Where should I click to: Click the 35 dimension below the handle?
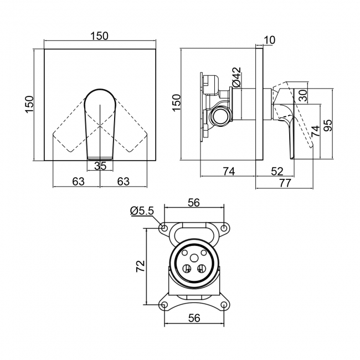[x=100, y=166]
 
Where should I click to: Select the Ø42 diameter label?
[x=236, y=77]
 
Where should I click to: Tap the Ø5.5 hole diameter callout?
[x=142, y=210]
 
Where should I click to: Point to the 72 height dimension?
[x=141, y=266]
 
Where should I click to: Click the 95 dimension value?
[x=327, y=125]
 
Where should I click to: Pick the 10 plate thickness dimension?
[x=270, y=39]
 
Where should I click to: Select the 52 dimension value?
[x=278, y=171]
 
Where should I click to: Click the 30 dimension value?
[x=302, y=95]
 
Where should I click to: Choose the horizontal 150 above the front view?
[x=99, y=35]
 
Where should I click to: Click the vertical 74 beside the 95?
[x=315, y=131]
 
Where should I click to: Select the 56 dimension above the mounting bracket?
[x=193, y=203]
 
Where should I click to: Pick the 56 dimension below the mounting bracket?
[x=193, y=319]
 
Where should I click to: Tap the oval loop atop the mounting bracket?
[x=193, y=229]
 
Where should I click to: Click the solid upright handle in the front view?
[x=100, y=122]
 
